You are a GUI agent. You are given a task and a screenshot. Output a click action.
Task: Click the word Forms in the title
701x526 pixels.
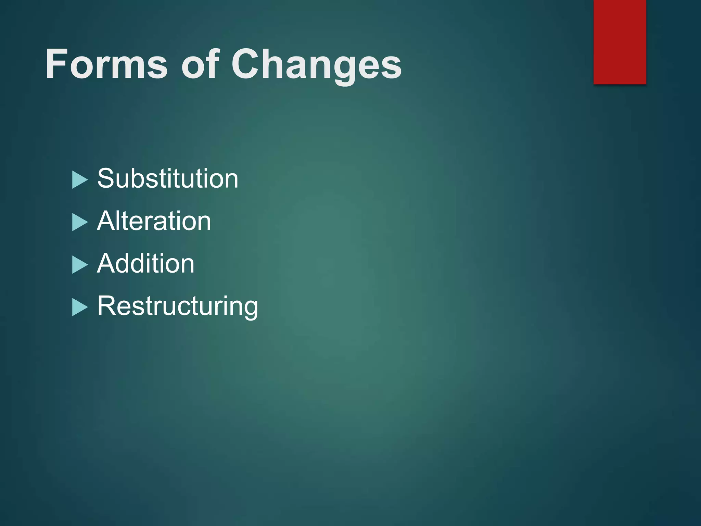click(x=106, y=64)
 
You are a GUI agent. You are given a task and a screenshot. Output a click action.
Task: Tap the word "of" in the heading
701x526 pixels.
click(x=200, y=64)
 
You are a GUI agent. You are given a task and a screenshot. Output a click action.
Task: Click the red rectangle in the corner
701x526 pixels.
click(x=620, y=42)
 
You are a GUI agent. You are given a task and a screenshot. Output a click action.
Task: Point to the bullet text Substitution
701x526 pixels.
click(x=168, y=178)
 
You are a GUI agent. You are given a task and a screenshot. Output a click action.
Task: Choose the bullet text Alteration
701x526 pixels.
click(x=154, y=221)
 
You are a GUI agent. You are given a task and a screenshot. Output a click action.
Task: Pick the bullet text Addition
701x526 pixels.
click(x=146, y=263)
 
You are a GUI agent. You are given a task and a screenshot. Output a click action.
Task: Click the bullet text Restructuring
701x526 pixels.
click(x=177, y=306)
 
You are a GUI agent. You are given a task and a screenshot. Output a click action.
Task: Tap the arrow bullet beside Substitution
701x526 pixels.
click(x=80, y=180)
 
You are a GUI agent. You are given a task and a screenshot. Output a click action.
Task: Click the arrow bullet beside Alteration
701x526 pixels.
click(x=80, y=223)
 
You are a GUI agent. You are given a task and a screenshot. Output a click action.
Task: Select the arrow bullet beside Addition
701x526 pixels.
click(x=80, y=265)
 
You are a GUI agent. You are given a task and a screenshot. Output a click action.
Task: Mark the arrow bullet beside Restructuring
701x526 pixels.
click(x=80, y=307)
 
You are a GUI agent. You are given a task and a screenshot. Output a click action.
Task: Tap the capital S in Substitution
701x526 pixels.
click(x=106, y=178)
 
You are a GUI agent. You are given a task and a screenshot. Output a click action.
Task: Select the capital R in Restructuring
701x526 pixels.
click(x=107, y=306)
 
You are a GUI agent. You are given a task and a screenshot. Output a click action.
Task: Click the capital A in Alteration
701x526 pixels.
click(x=107, y=221)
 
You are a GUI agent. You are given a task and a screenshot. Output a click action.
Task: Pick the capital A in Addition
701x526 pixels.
click(x=107, y=263)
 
